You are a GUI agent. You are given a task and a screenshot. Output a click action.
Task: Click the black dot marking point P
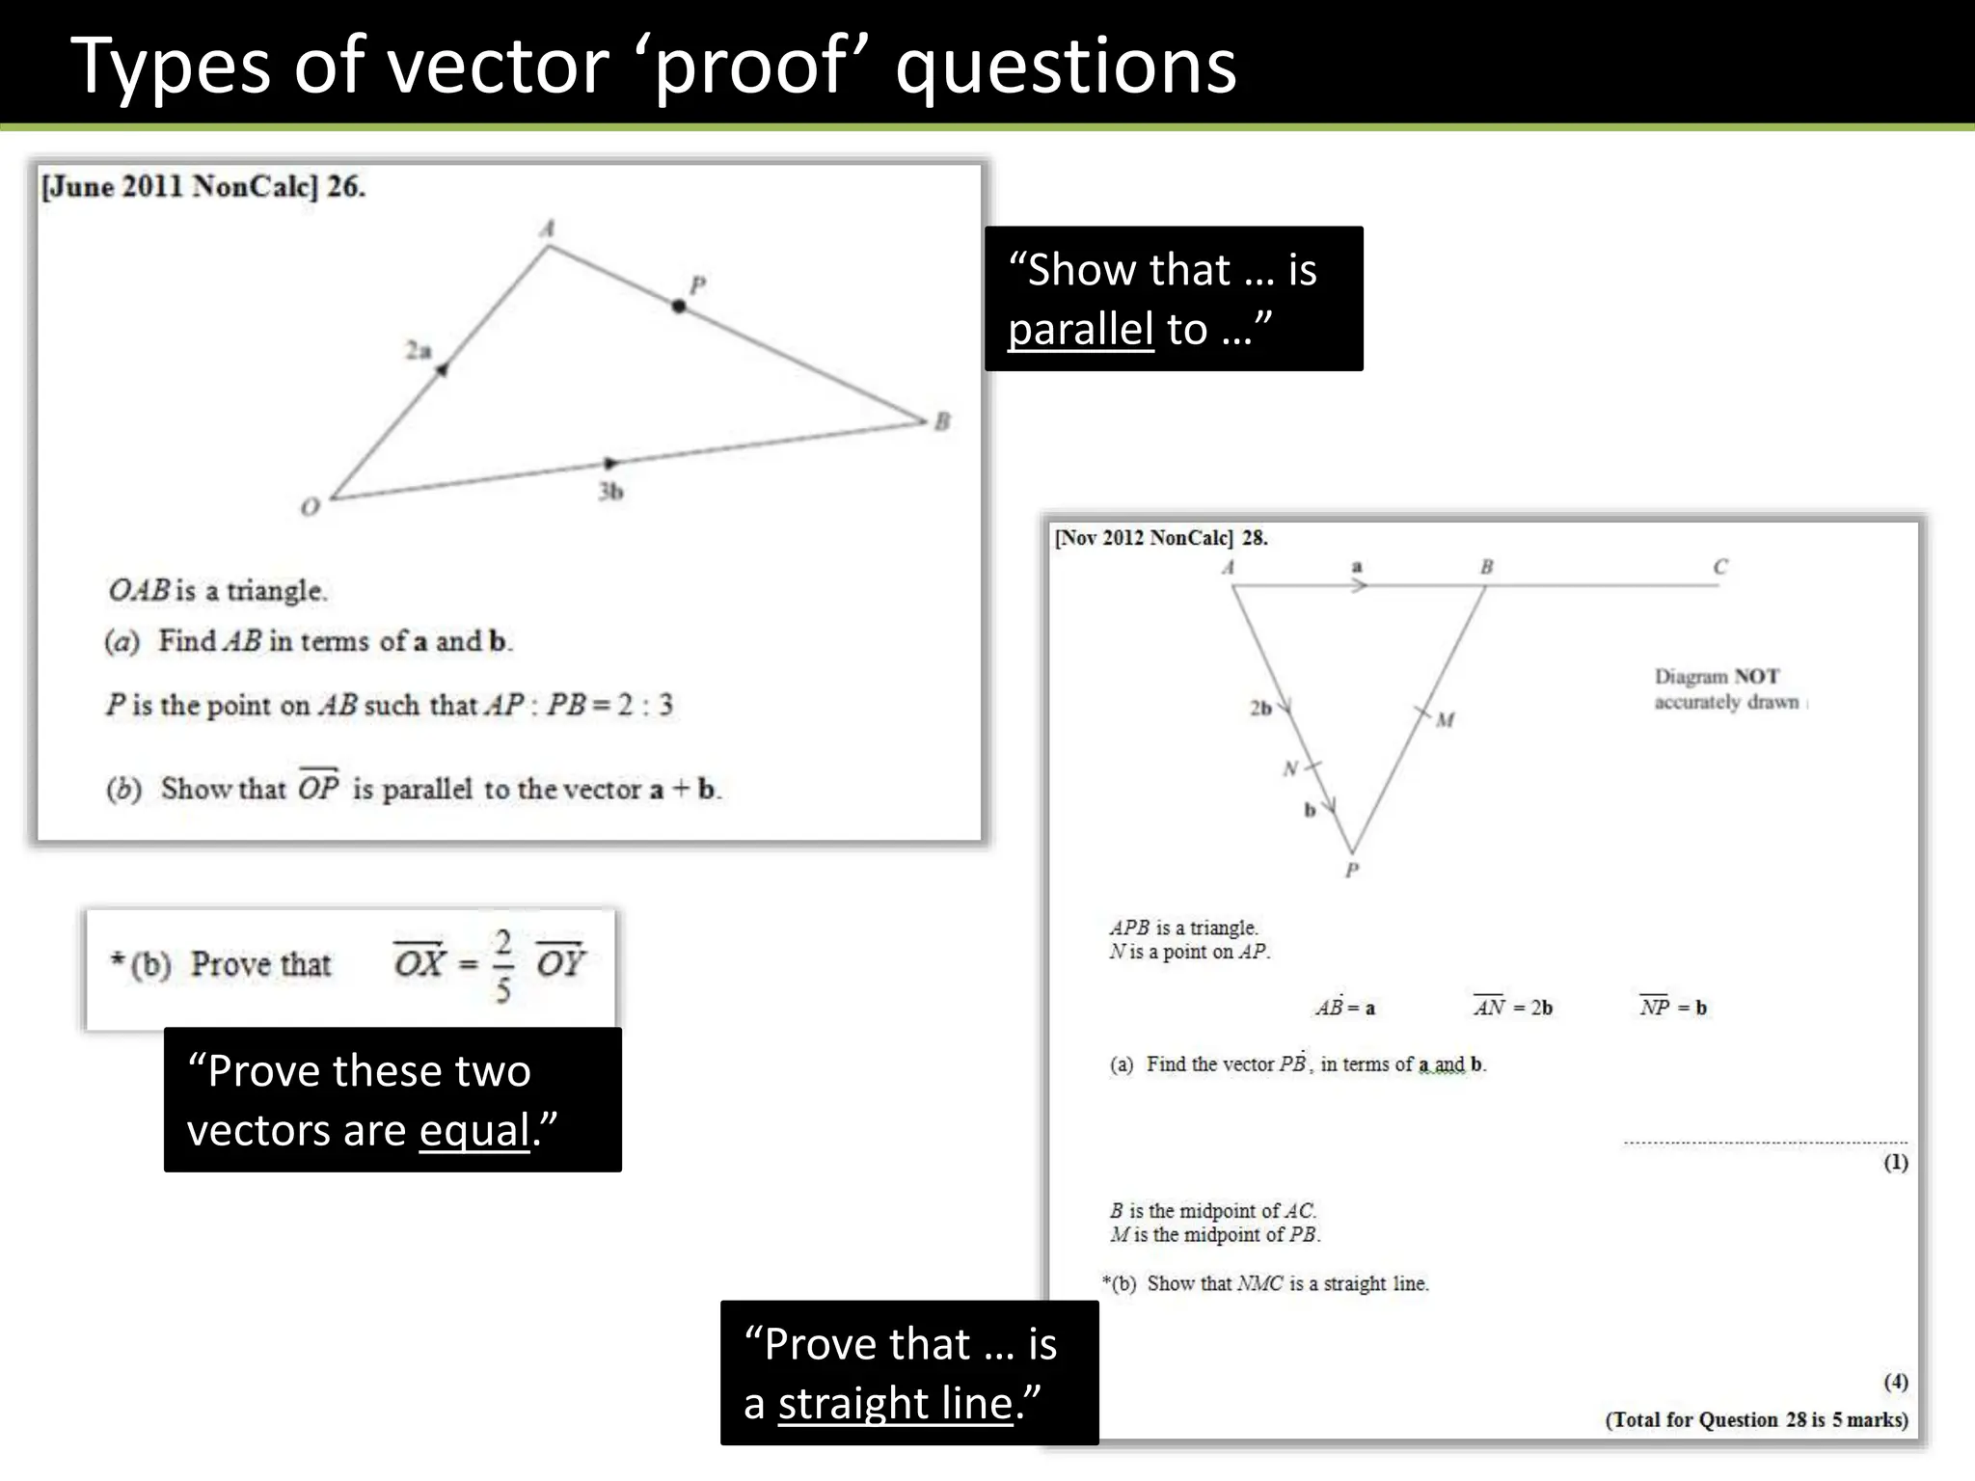click(679, 306)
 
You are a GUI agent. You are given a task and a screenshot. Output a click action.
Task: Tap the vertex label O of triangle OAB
click(310, 507)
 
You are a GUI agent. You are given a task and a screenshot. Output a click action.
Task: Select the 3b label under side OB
click(610, 492)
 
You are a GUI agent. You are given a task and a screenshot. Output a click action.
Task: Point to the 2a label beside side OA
click(418, 350)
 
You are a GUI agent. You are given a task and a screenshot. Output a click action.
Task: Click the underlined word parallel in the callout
click(1080, 330)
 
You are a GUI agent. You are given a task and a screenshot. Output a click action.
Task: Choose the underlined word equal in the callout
click(474, 1130)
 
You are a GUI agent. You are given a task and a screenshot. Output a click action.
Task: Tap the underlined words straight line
click(895, 1403)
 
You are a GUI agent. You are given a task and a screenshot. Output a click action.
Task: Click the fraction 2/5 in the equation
click(502, 965)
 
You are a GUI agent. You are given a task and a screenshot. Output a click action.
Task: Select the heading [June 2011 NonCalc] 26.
click(203, 186)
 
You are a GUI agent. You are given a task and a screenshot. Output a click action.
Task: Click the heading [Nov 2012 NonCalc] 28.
click(1161, 538)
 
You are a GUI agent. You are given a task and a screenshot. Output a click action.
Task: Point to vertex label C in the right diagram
click(1720, 567)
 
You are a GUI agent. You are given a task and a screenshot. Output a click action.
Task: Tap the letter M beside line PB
click(1445, 719)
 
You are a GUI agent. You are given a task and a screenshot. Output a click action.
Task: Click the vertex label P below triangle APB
click(1352, 871)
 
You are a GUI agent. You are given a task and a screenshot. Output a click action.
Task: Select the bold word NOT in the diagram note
click(1756, 677)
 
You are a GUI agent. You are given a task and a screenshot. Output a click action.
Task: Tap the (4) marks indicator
click(1896, 1382)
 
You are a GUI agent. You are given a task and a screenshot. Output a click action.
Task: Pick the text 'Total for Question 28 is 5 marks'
click(1756, 1419)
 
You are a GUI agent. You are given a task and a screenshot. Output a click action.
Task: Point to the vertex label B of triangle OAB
click(942, 421)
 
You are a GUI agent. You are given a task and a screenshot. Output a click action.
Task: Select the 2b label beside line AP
click(1260, 709)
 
